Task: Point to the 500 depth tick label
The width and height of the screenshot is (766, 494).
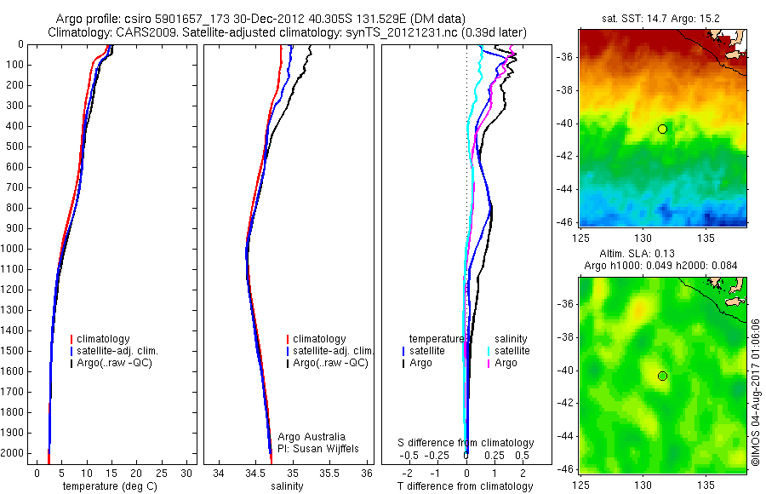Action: point(16,146)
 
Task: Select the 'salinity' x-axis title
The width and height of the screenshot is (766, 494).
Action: point(289,486)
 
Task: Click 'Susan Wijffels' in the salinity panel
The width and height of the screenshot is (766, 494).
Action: point(318,448)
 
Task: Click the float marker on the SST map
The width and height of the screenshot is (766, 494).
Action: point(662,129)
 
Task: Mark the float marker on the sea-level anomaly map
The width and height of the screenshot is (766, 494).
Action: point(662,376)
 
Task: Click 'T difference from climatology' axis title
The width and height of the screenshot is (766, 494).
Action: point(466,486)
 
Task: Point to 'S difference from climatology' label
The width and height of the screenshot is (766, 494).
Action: point(466,443)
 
